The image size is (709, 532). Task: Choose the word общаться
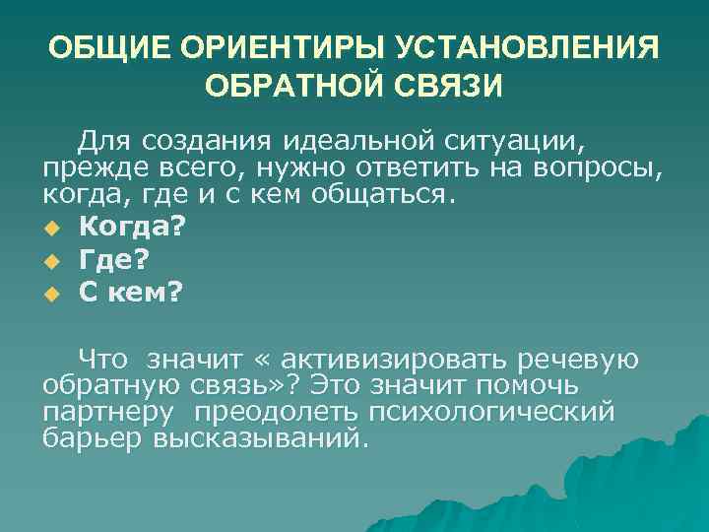383,192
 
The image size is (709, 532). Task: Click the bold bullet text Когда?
132,226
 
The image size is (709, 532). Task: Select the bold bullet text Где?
115,259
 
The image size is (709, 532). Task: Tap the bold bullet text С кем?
130,294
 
